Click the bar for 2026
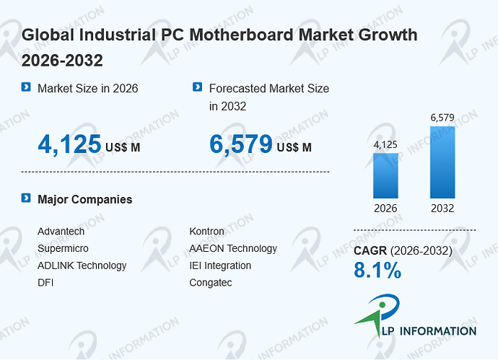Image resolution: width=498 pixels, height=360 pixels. [x=385, y=175]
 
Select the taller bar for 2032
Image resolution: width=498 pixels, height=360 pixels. [x=442, y=162]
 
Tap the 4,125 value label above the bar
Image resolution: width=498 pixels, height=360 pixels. [x=385, y=145]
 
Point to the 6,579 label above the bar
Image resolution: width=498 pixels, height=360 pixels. [x=442, y=118]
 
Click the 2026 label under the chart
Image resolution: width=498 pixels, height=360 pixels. [x=385, y=208]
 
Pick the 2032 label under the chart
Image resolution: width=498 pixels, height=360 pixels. [x=442, y=208]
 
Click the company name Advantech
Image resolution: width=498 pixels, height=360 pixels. [x=61, y=231]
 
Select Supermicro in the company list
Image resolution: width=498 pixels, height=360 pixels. [x=63, y=248]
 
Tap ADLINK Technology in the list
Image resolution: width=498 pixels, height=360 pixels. [x=82, y=265]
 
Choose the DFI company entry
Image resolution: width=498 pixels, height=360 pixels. [x=45, y=283]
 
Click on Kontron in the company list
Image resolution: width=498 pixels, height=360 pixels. [x=206, y=231]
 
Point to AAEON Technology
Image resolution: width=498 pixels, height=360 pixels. [x=233, y=248]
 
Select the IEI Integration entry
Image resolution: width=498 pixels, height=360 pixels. [x=220, y=265]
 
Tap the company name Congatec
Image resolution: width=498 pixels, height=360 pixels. [x=211, y=283]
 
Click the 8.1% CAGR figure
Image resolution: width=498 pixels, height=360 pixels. [x=377, y=270]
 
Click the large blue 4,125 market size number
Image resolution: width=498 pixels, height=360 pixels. [x=69, y=144]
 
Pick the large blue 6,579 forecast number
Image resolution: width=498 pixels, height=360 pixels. [x=241, y=144]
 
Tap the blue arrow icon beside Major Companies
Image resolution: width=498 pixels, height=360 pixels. [x=26, y=198]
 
